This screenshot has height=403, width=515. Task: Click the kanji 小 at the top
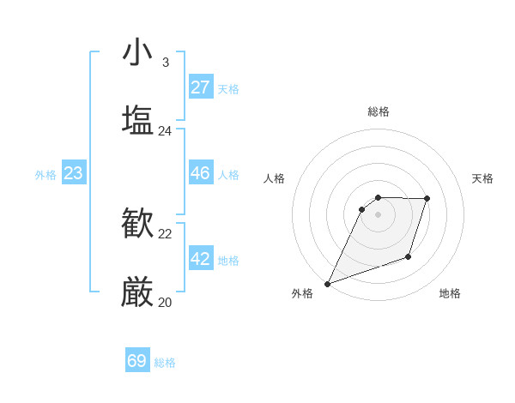(x=137, y=52)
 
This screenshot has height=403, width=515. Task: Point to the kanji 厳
(x=137, y=292)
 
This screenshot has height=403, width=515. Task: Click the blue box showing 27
(x=200, y=87)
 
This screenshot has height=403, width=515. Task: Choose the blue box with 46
(x=200, y=173)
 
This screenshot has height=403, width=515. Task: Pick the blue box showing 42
(x=200, y=259)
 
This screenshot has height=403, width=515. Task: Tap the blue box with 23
(x=73, y=173)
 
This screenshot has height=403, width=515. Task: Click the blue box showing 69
(x=136, y=361)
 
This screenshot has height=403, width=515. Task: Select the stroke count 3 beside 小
(x=165, y=63)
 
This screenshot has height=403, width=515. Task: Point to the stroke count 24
(x=165, y=131)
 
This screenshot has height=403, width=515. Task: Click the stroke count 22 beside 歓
(x=165, y=234)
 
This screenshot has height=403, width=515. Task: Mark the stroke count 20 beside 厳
(x=165, y=303)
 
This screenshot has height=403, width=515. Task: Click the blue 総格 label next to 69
(x=165, y=363)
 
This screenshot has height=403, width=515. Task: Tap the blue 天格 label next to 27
(x=228, y=89)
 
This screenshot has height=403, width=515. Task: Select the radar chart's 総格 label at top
(x=378, y=111)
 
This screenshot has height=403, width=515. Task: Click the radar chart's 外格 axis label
(x=302, y=293)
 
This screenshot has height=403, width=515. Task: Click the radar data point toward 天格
(x=427, y=199)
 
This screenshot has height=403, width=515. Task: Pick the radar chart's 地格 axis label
(x=450, y=293)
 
